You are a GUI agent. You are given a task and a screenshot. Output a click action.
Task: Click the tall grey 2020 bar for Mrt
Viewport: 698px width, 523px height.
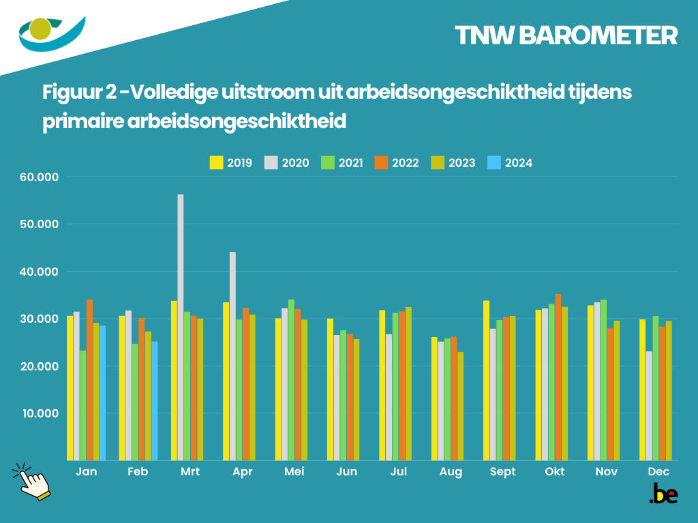point(181,327)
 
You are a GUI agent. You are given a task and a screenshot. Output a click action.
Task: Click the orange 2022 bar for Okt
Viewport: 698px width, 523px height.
point(558,377)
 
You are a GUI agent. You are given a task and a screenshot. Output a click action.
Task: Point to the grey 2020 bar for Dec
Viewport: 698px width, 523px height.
point(649,405)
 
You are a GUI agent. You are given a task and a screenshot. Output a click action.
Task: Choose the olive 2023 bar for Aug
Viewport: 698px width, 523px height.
point(460,406)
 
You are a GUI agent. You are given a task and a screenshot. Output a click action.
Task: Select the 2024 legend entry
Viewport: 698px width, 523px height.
point(511,163)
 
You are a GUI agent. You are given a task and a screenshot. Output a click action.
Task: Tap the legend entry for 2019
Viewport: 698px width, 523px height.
point(231,163)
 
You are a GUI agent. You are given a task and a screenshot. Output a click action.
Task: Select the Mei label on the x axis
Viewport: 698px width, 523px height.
point(294,472)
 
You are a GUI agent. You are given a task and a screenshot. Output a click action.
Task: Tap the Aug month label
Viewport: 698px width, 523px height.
point(451,472)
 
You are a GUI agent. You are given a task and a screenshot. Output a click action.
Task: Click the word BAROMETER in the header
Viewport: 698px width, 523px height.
point(598,36)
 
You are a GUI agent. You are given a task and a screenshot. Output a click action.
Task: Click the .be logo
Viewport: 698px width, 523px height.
point(663,494)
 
